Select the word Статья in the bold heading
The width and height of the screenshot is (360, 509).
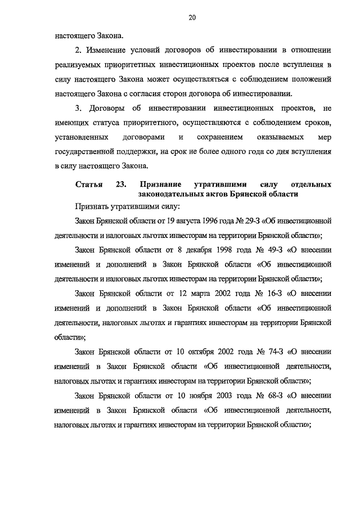coord(89,184)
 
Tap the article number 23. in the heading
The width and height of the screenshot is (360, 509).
coord(122,184)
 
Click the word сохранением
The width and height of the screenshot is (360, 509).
coord(220,137)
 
